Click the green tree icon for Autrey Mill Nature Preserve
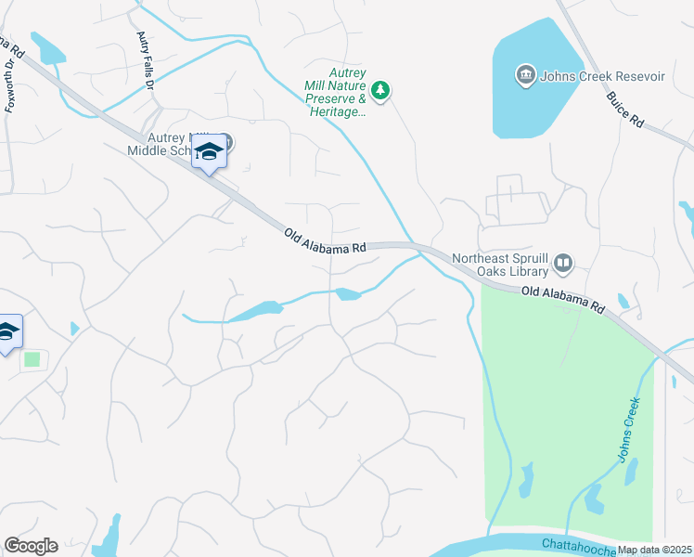click(379, 90)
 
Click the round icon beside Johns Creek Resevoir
click(525, 73)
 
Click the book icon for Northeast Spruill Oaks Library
click(563, 265)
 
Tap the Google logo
click(31, 546)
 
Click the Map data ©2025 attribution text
click(655, 550)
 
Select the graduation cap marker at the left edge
click(7, 331)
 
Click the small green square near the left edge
click(32, 358)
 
